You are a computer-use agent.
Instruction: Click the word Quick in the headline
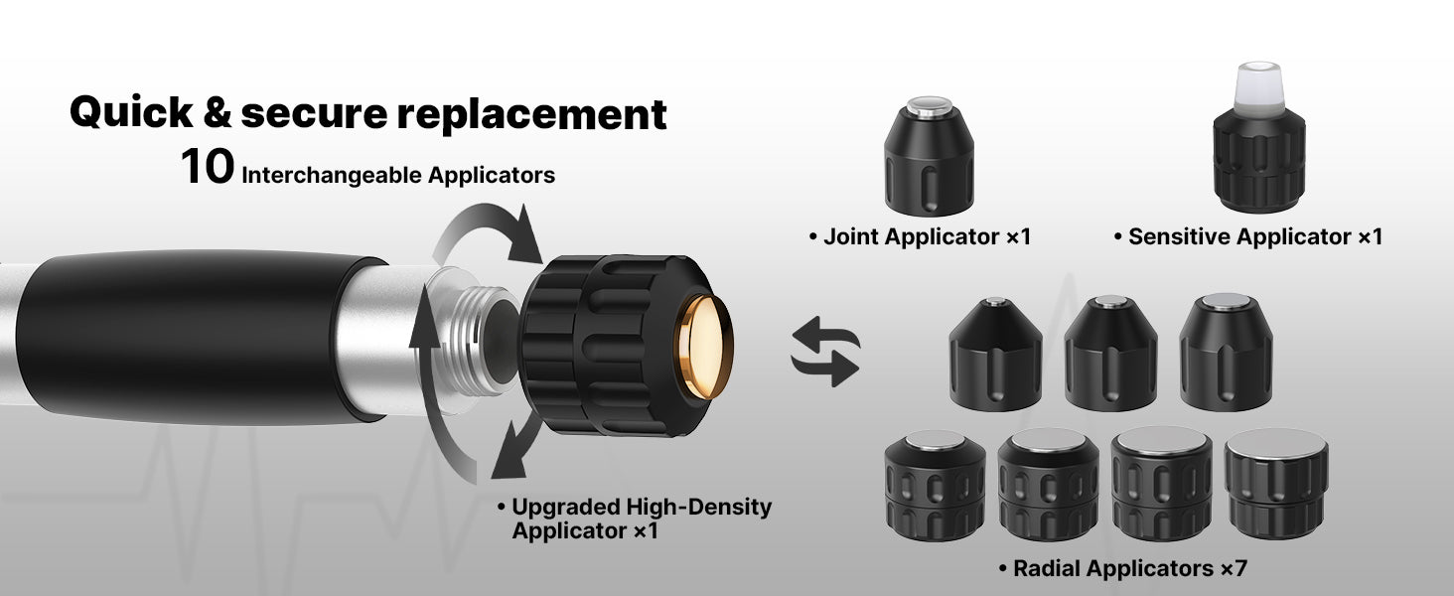pyautogui.click(x=132, y=112)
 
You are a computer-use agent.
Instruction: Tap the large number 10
pyautogui.click(x=207, y=167)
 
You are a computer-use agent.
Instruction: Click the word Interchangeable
pyautogui.click(x=332, y=175)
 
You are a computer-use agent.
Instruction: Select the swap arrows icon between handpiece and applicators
pyautogui.click(x=825, y=352)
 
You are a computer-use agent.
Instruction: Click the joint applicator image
pyautogui.click(x=929, y=157)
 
